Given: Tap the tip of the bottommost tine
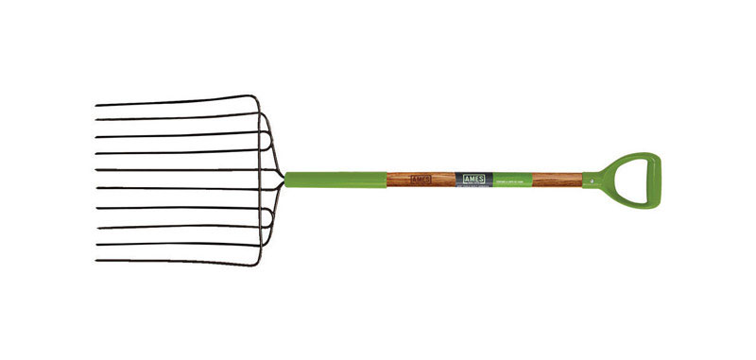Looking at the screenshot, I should (96, 260).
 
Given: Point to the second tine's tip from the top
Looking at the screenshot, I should (96, 120).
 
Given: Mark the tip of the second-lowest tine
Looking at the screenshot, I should (96, 245).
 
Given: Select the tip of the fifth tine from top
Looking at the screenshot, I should (96, 170).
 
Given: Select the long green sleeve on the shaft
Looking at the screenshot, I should (335, 179).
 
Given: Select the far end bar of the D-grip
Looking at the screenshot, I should (653, 178).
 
